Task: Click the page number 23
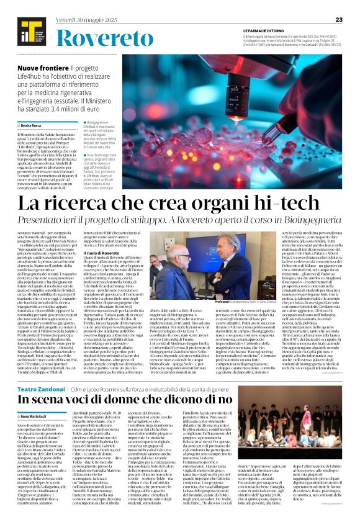[x=339, y=20]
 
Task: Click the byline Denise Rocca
[x=35, y=126]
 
